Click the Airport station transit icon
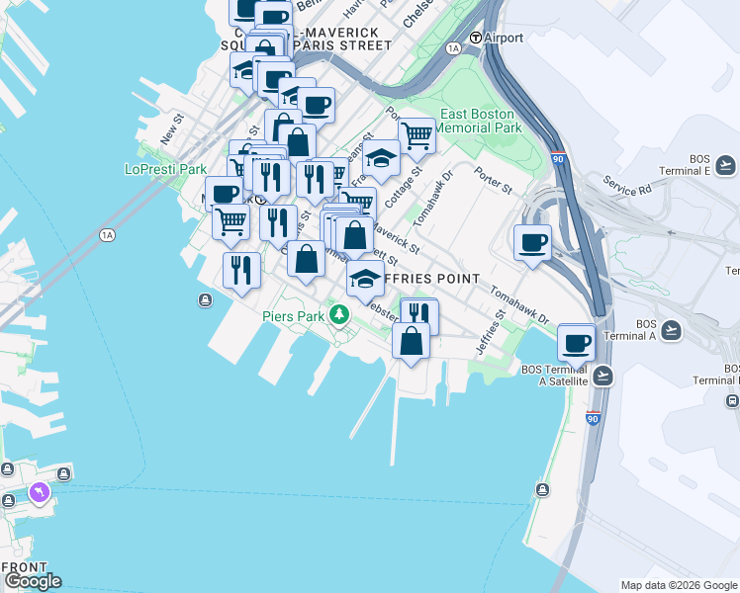pos(476,38)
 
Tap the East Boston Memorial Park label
pos(478,121)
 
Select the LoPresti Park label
pos(165,169)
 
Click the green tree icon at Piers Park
pos(340,315)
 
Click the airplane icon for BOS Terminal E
pos(726,164)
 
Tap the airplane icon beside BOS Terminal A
pos(672,329)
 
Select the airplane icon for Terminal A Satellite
pos(602,376)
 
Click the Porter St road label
pos(492,183)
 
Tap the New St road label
pos(171,129)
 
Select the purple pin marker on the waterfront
pos(40,491)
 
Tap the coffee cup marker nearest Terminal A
pos(577,344)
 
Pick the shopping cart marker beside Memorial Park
pos(417,136)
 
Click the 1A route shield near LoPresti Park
pos(107,234)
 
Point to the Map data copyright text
pos(678,585)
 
